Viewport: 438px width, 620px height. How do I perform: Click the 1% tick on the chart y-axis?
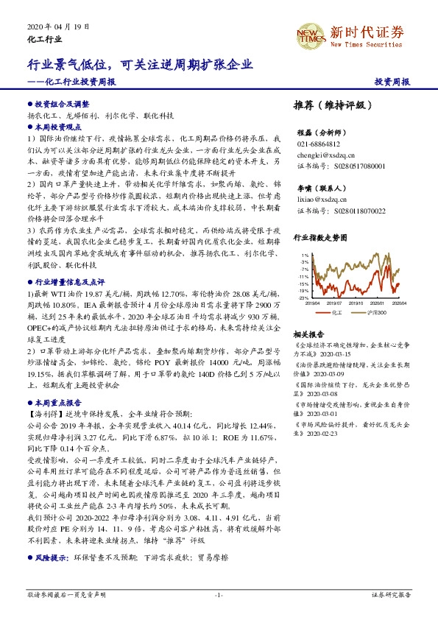[304, 255]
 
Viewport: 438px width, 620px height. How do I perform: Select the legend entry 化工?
[336, 312]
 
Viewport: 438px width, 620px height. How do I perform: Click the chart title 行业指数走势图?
[320, 238]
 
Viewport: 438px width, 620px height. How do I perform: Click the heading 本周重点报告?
[58, 403]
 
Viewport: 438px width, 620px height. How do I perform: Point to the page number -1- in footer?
[219, 594]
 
